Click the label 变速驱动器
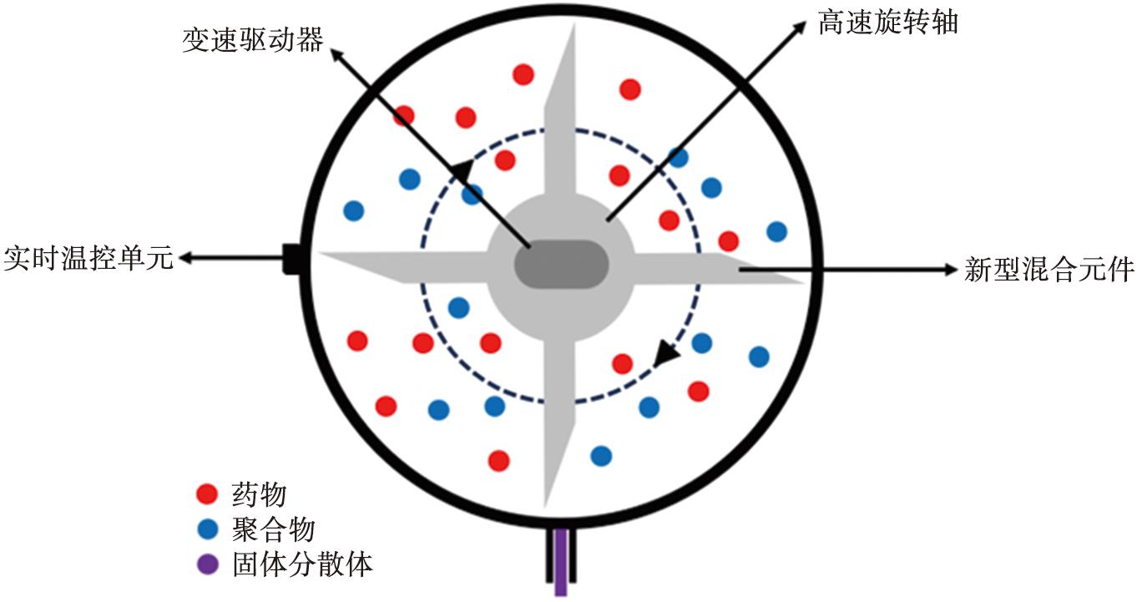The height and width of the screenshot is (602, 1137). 252,39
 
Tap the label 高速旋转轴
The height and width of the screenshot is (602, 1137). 887,23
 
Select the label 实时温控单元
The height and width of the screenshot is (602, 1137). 88,258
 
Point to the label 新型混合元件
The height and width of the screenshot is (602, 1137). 1049,269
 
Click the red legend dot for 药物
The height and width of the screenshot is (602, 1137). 207,493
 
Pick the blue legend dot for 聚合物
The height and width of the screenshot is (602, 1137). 207,529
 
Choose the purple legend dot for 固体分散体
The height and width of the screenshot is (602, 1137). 207,564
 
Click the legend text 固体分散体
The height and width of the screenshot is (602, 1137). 302,564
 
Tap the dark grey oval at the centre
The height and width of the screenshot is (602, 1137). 561,265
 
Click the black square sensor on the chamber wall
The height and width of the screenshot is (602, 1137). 291,259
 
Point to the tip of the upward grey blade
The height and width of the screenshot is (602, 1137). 574,25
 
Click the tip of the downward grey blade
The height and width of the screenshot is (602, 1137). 545,507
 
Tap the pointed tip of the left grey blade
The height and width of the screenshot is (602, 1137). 320,253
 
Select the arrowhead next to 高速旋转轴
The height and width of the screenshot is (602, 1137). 799,28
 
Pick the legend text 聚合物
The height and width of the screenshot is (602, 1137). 273,529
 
